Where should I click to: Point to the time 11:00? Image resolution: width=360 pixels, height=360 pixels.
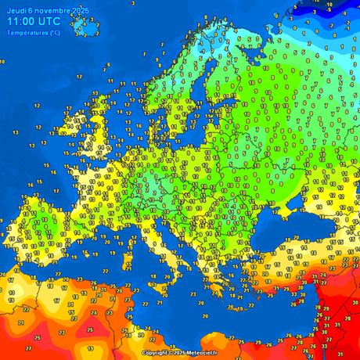23,22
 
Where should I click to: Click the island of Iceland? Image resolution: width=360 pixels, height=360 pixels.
85,25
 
